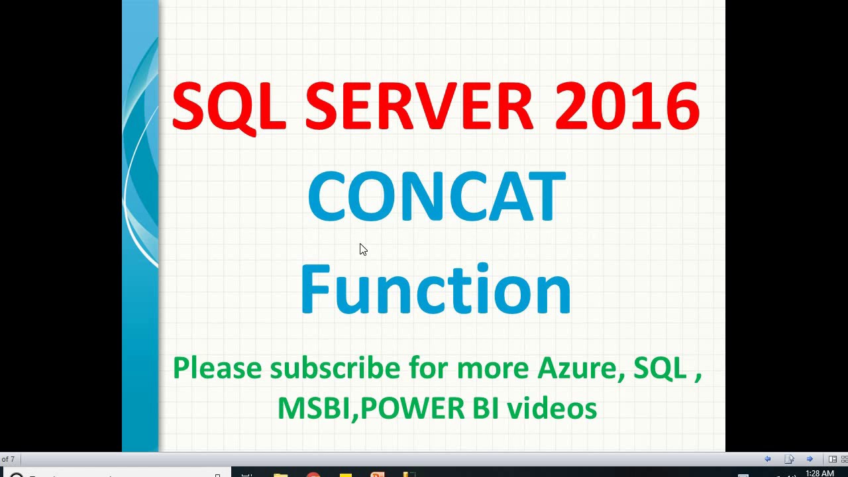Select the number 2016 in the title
click(627, 107)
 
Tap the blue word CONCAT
click(436, 197)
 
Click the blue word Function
click(435, 289)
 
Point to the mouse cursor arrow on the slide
click(362, 248)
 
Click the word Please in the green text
click(217, 368)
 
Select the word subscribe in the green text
click(335, 368)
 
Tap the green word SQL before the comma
click(659, 368)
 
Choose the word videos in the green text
click(552, 408)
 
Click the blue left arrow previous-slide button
click(767, 459)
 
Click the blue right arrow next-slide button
click(810, 459)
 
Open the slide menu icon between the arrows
click(789, 459)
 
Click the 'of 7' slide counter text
click(7, 459)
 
